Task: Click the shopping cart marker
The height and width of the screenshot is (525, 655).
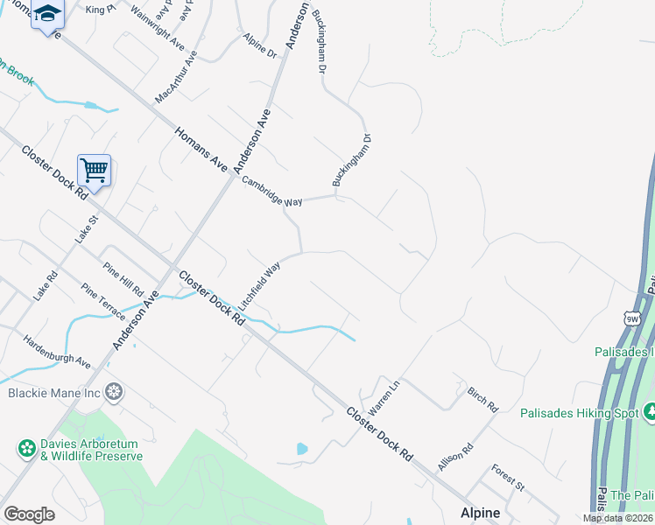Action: (x=94, y=170)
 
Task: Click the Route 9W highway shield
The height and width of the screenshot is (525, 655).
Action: (x=633, y=318)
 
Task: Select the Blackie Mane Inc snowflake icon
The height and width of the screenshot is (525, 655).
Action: (x=114, y=393)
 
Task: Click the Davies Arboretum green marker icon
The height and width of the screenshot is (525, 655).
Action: (x=27, y=449)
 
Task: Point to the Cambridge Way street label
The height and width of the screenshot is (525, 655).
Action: (x=272, y=190)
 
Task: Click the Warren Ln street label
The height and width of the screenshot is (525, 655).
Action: (x=383, y=396)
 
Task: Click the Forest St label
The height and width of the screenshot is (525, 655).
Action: (x=507, y=478)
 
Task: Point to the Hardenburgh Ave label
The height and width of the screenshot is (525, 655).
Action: (x=56, y=351)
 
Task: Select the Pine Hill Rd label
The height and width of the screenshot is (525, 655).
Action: (x=123, y=280)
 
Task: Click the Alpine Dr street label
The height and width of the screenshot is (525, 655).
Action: (x=260, y=47)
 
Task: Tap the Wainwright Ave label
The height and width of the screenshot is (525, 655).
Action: (x=157, y=30)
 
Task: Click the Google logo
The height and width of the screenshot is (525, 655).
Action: (x=29, y=514)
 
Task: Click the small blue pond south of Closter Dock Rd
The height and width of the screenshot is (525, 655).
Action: (x=302, y=449)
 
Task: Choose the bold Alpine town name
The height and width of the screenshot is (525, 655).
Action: (x=481, y=513)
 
